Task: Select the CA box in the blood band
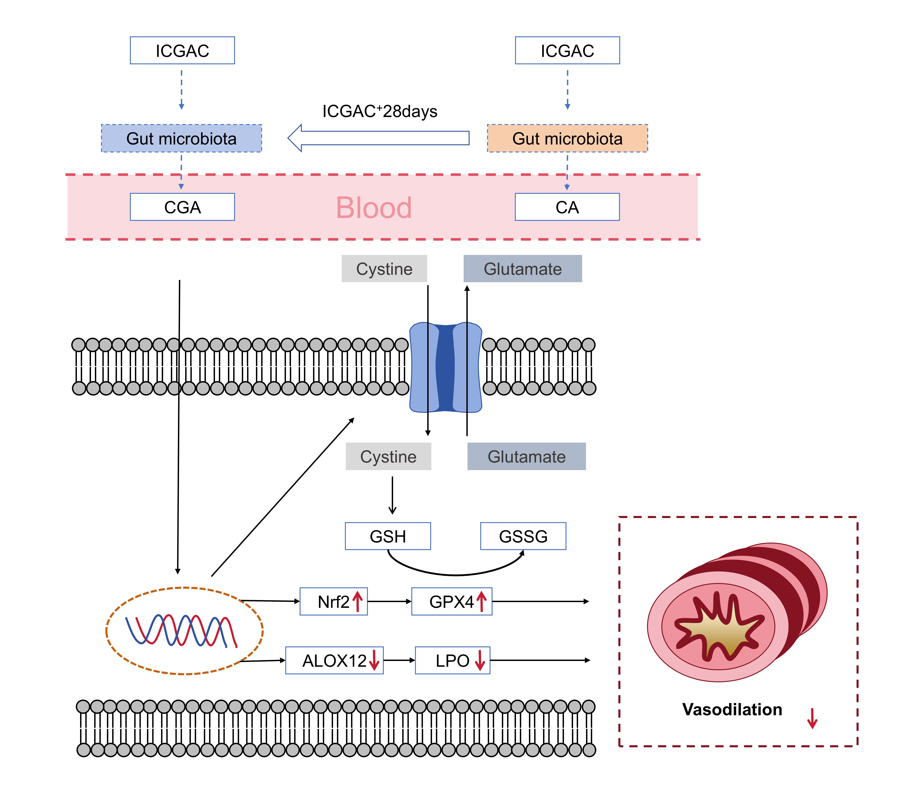[x=567, y=207]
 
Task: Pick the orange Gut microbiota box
[x=567, y=138]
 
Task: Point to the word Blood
[x=374, y=208]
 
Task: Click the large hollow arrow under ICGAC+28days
[x=378, y=138]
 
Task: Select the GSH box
[x=388, y=536]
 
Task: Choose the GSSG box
[x=523, y=536]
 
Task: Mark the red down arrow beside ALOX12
[x=374, y=660]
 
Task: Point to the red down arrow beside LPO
[x=480, y=660]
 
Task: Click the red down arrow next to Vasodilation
[x=812, y=718]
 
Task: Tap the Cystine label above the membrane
[x=384, y=269]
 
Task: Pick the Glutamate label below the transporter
[x=527, y=456]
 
